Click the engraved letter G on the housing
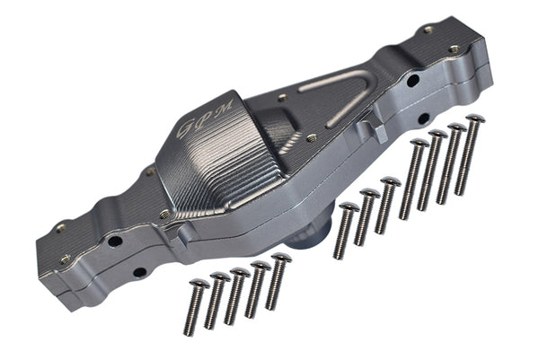184,129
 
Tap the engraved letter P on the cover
207,117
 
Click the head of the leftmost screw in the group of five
199,284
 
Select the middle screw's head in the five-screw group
240,272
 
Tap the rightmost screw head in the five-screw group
281,258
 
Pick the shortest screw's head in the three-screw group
349,207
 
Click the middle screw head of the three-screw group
370,193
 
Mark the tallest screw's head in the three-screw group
391,181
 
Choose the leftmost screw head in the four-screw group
420,143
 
